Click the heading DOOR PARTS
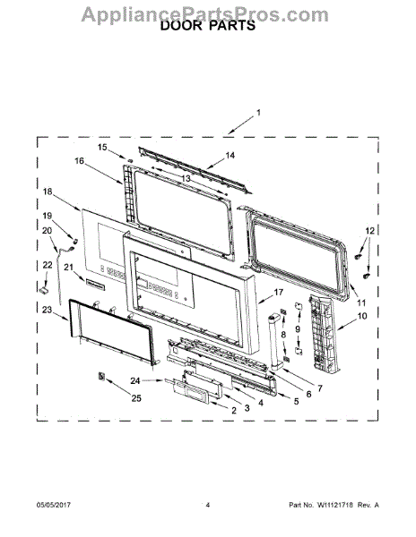click(x=208, y=26)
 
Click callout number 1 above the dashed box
click(x=258, y=113)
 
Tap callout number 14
click(x=230, y=156)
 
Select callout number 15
click(x=102, y=148)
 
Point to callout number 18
click(x=48, y=192)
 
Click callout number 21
click(x=69, y=267)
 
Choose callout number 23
click(x=47, y=310)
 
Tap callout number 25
click(x=136, y=398)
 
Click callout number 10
click(x=362, y=316)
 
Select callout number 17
click(x=279, y=292)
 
